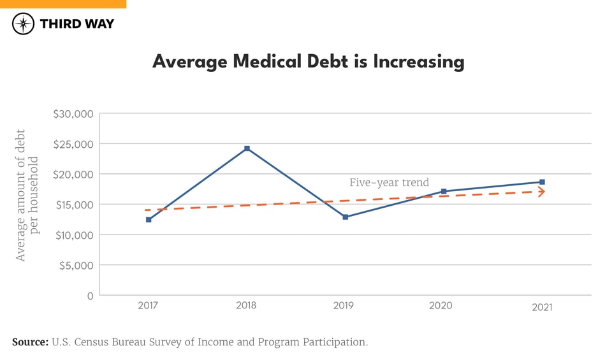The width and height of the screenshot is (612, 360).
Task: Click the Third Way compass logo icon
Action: pos(24,24)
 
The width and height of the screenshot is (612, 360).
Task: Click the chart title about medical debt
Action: pos(308,62)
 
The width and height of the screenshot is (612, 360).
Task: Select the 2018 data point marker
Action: pos(247,148)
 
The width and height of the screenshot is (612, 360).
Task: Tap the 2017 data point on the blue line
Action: pos(149,219)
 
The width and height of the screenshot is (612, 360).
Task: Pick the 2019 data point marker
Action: pos(346,217)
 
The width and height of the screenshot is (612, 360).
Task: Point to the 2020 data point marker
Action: pos(444,191)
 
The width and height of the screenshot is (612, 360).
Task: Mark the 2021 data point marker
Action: pos(542,182)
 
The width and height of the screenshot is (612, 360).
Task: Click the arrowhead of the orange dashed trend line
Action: pos(541,191)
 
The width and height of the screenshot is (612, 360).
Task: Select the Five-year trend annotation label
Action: pos(389,183)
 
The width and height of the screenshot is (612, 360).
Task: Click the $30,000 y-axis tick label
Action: pos(73,114)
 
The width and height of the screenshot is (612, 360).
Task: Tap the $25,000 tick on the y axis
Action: pos(73,144)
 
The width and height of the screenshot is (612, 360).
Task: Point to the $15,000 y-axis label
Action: pos(73,205)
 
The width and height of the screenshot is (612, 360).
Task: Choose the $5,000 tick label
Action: pos(76,265)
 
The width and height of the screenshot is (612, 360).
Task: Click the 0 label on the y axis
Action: pos(91,296)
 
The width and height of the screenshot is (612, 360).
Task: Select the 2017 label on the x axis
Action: pos(149,306)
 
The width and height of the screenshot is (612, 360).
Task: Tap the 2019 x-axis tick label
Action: pos(345,306)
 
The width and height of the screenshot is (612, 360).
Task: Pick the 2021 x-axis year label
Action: pos(542,307)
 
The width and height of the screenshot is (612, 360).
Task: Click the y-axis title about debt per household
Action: pos(27,195)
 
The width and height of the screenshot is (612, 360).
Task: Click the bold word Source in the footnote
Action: pos(30,342)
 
